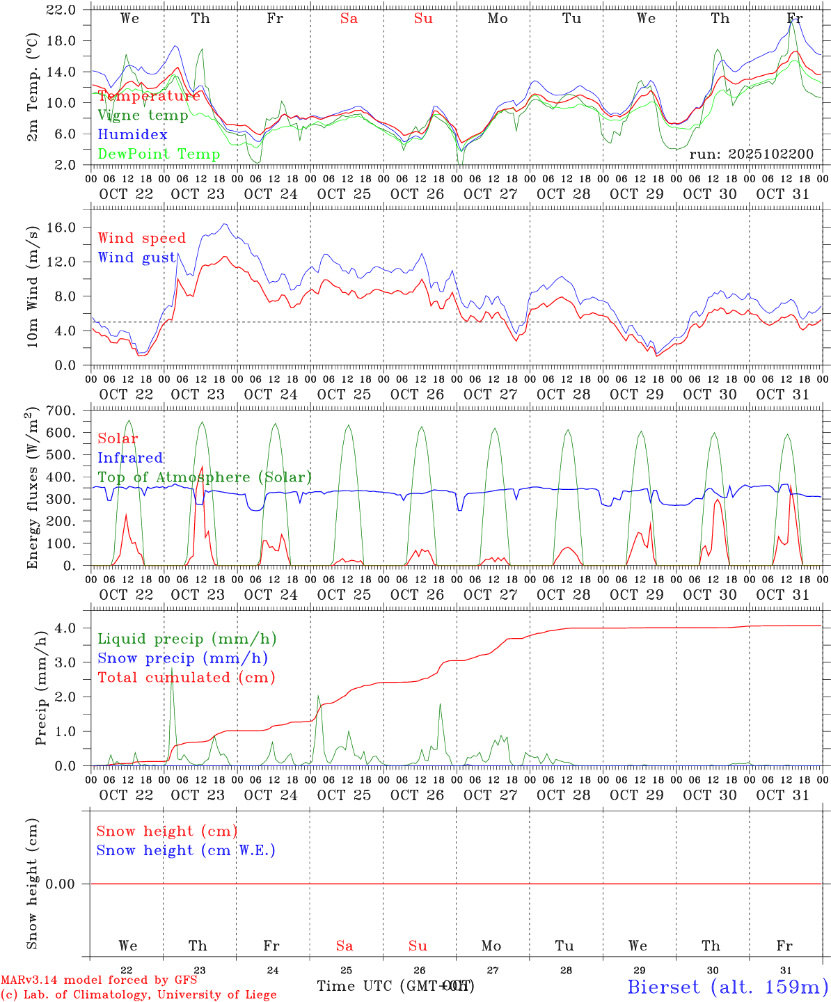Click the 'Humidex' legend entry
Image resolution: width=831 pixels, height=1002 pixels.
tap(132, 135)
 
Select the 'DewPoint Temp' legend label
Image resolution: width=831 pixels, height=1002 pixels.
tap(159, 154)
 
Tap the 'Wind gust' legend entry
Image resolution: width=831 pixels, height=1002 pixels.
tap(137, 257)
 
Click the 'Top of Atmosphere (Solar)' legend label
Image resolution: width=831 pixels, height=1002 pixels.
tap(205, 477)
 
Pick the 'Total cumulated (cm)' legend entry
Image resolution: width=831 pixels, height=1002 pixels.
tap(187, 677)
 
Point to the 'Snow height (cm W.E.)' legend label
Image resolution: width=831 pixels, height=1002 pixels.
tap(186, 850)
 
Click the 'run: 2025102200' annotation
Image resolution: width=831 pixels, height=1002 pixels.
tap(751, 154)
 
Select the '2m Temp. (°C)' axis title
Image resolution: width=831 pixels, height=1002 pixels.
tap(33, 95)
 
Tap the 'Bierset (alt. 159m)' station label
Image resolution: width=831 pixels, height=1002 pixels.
tap(727, 987)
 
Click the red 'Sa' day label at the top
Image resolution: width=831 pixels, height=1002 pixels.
tap(349, 19)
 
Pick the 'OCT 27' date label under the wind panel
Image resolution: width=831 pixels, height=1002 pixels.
tap(491, 394)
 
